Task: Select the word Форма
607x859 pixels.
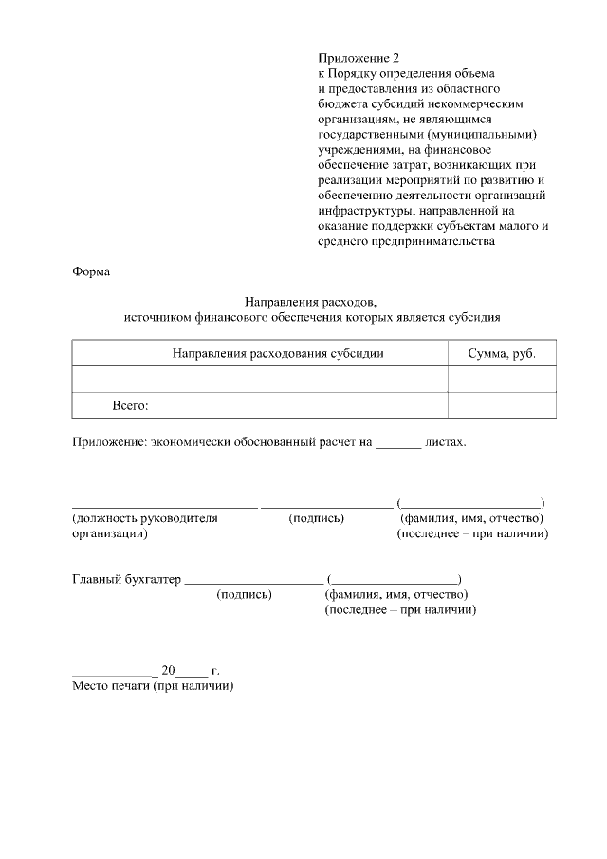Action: point(91,272)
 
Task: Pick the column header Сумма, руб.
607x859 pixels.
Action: point(502,353)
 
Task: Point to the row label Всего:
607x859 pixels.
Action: point(131,405)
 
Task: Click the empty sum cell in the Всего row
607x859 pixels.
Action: point(502,405)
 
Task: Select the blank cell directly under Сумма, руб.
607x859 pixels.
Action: point(502,380)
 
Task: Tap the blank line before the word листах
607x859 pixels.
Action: point(398,442)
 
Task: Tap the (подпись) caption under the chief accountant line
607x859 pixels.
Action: point(245,595)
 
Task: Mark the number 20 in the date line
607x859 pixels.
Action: point(169,671)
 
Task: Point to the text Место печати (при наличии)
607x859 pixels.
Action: point(153,686)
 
